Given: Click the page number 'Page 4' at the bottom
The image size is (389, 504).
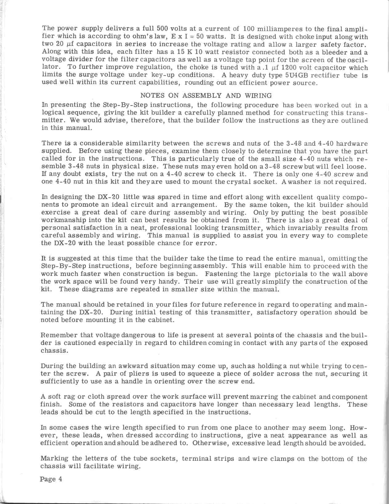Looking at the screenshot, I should point(51,479).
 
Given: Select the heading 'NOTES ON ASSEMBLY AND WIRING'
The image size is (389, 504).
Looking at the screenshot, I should point(206,96).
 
